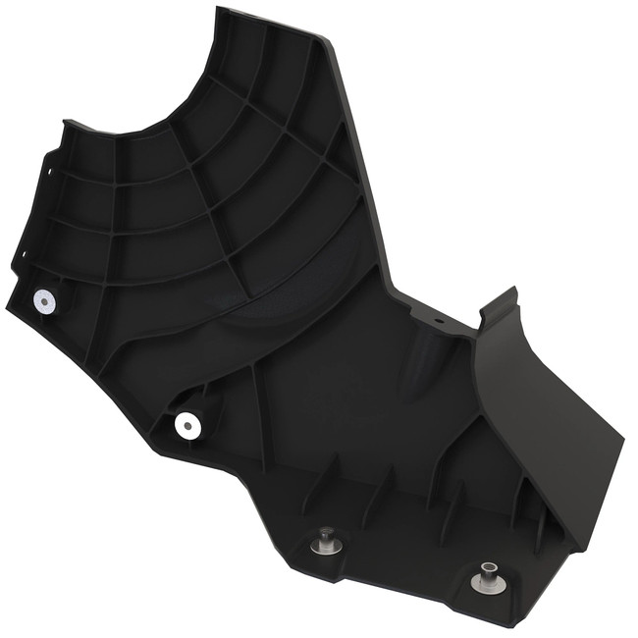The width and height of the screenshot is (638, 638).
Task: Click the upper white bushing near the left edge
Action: pos(44,301)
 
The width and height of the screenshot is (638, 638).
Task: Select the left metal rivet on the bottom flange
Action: pos(325,540)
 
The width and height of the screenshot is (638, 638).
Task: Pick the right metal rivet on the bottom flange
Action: pos(486,578)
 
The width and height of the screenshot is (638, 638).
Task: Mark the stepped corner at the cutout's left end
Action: pos(67,125)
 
